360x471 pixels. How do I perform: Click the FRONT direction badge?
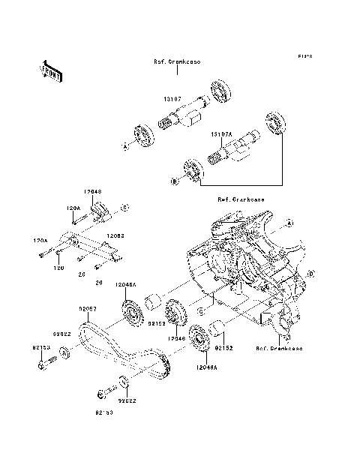point(51,70)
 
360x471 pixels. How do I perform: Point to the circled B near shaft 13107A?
point(174,180)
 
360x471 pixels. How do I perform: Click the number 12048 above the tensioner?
point(93,192)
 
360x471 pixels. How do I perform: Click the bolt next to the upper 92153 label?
point(43,367)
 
